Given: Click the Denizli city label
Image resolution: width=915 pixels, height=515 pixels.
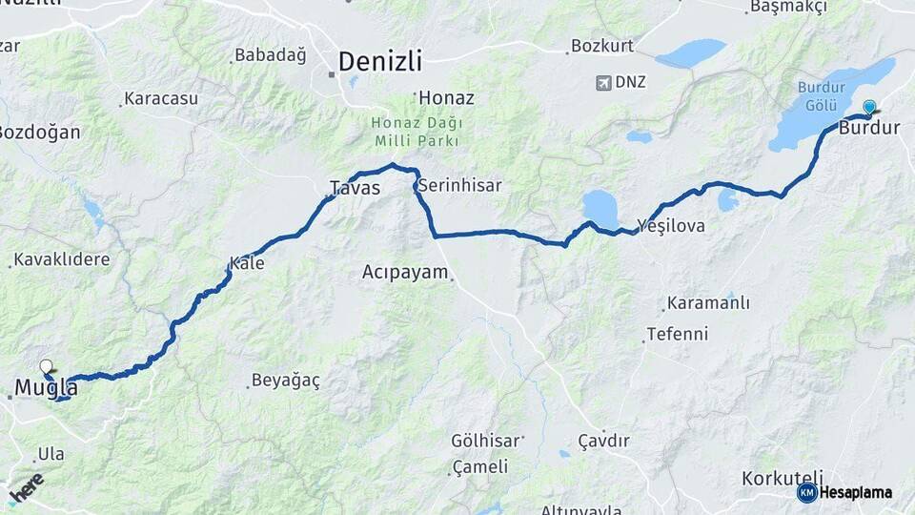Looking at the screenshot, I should [379, 62].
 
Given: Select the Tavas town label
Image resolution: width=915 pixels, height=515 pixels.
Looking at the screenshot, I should [355, 188].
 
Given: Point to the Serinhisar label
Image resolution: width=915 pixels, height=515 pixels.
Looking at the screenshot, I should [459, 184].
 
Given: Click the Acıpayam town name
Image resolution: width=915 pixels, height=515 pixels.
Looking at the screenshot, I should [405, 272].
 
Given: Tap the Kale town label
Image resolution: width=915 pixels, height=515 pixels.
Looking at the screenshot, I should [247, 263].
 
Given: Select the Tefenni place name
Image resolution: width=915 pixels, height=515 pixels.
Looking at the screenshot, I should [677, 334].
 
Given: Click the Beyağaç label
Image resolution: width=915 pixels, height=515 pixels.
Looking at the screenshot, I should [285, 381].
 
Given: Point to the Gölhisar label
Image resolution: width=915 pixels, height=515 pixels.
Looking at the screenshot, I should [486, 441].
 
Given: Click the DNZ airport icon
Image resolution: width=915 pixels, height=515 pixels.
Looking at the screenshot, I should [603, 82].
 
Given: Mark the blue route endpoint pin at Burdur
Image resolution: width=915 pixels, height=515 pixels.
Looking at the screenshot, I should [869, 108].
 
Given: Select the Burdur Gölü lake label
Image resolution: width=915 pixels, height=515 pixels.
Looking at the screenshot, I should [822, 95].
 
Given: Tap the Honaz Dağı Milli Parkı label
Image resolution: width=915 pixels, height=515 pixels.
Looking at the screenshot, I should [417, 133].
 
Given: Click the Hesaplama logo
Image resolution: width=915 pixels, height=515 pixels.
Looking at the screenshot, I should [845, 492].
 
